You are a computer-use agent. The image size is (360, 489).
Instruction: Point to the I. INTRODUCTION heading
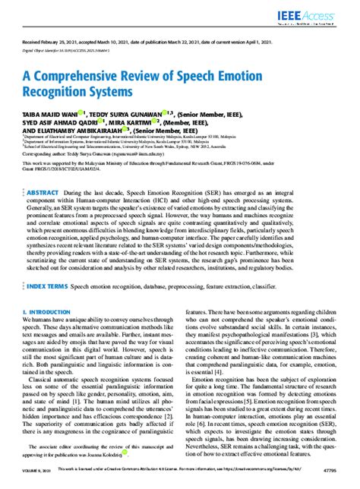point(47,290)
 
